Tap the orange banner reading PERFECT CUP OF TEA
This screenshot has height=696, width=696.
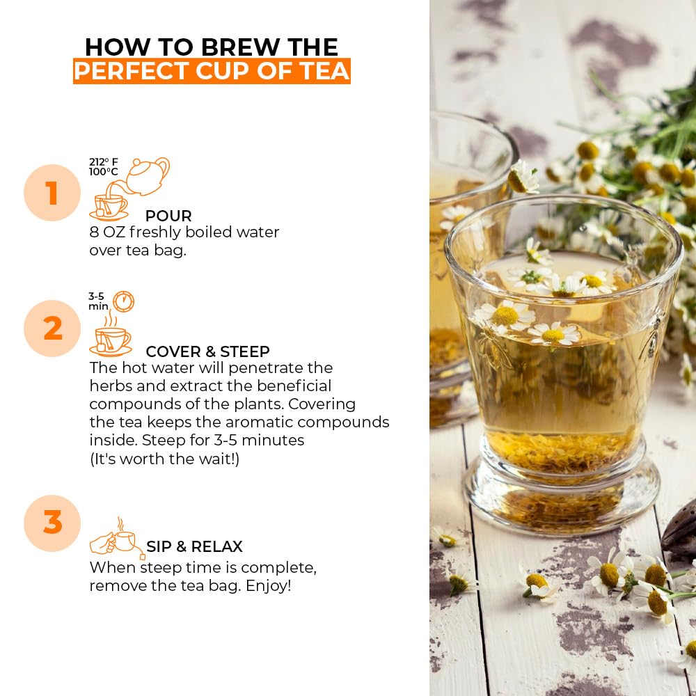(212, 71)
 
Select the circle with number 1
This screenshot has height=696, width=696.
(52, 193)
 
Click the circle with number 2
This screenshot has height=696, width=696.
(52, 329)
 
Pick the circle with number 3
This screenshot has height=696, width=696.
(52, 523)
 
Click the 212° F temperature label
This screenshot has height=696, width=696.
(104, 162)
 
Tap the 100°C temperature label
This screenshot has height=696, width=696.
(104, 172)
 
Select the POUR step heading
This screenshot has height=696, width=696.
(168, 216)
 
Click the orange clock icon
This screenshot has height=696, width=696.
(123, 302)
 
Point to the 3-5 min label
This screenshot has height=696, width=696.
(98, 301)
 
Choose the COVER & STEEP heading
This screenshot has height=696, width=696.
(207, 351)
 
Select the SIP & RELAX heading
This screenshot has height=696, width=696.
(194, 546)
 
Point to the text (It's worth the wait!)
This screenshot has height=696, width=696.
(165, 459)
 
